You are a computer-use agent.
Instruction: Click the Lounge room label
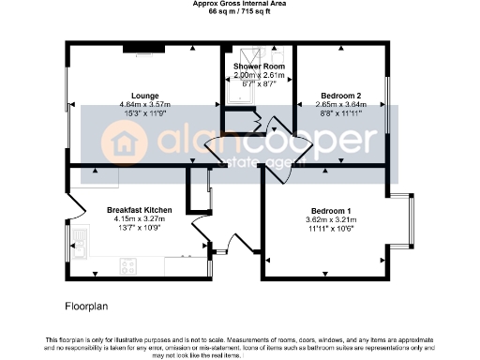pos(144,96)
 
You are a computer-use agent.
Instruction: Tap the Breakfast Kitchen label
pos(139,209)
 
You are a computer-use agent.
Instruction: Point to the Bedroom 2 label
pos(341,96)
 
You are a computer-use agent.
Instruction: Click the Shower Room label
pos(259,67)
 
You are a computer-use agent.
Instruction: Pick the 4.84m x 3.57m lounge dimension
pos(144,104)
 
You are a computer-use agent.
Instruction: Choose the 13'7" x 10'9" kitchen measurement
pos(139,228)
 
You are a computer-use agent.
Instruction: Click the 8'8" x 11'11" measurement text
pos(341,112)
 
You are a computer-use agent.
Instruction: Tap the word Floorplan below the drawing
pos(87,307)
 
